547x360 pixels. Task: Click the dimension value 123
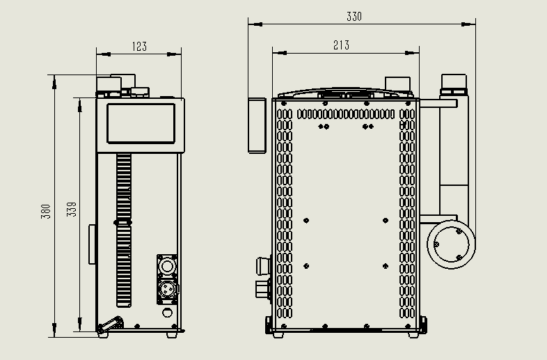pos(139,47)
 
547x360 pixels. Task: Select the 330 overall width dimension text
pos(354,17)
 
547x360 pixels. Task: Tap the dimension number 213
pos(341,45)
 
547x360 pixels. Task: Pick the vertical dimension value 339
pos(71,209)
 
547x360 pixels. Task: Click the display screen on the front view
pos(141,123)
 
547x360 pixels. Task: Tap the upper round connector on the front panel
pos(167,266)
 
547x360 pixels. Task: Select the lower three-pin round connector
pos(167,288)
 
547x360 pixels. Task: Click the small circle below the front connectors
pos(167,313)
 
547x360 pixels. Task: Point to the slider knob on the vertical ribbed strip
pos(123,221)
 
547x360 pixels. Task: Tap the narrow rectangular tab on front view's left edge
pos(92,244)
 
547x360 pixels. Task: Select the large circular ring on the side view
pos(452,245)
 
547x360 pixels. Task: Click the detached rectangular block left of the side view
pos(257,125)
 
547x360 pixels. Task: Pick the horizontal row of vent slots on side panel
pos(344,114)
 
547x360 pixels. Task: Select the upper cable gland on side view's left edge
pos(263,265)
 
